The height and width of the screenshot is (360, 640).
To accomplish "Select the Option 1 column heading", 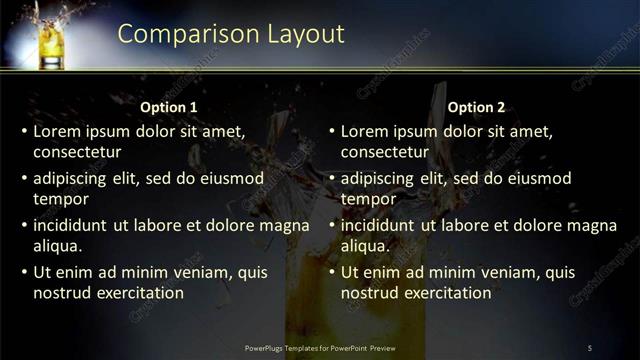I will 169,107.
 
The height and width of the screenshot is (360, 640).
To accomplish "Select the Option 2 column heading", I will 477,107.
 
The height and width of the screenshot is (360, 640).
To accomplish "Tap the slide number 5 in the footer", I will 590,347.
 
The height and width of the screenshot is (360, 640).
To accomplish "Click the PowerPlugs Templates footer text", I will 320,347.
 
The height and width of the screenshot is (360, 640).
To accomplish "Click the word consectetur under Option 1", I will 78,152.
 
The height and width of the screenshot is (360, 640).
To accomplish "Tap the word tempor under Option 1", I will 59,198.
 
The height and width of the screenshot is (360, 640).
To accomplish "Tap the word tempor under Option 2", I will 367,198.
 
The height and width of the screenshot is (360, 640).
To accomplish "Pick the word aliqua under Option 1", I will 58,245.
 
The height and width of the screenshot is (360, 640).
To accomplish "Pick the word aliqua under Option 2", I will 365,245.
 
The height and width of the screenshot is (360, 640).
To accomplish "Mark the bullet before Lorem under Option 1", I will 24,131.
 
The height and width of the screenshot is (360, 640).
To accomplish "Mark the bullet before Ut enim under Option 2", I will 332,272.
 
